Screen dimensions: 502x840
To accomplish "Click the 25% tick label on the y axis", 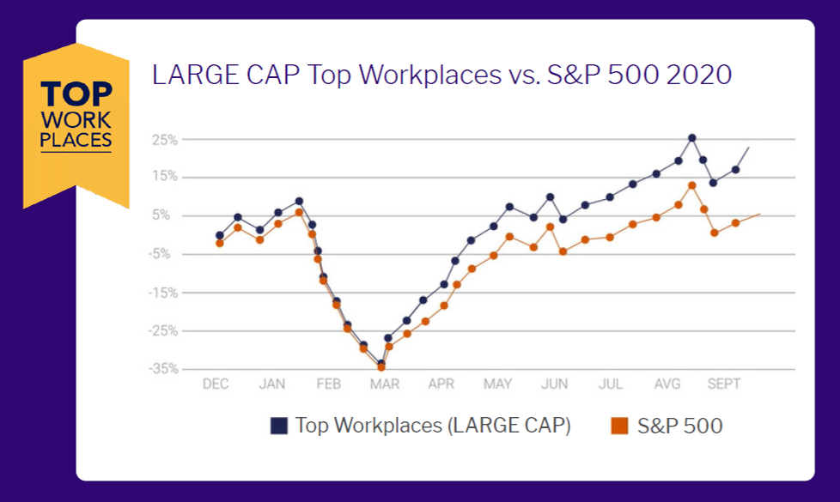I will coord(166,139).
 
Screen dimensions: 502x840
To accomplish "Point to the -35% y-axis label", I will coord(163,369).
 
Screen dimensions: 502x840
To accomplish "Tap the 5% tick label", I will coord(168,215).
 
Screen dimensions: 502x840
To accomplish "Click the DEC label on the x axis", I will coord(216,384).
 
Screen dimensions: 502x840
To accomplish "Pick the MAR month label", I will coord(385,384).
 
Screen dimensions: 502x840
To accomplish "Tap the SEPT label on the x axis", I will coord(724,384).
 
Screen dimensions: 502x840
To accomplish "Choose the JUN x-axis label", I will coord(555,384).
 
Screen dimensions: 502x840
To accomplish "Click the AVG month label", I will coord(667,384).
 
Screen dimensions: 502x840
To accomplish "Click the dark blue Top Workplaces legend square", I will coord(278,426).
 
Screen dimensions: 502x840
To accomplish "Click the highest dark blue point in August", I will coord(692,137).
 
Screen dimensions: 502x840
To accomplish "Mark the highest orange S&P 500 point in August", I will coord(692,185).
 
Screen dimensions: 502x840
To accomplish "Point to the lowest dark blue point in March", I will coord(381,364).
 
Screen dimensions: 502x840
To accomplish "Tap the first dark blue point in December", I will coord(220,235).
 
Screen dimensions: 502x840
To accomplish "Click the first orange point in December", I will coord(220,243).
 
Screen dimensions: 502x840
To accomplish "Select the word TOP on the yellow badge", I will coord(76,94).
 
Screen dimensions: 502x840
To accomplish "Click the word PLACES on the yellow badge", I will coord(76,139).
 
